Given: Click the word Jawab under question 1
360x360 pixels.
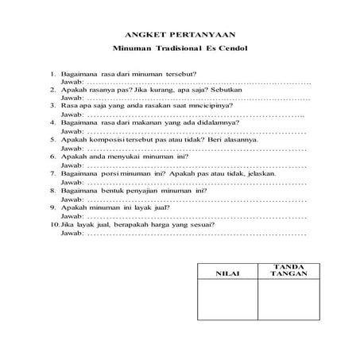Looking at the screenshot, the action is (71, 83).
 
